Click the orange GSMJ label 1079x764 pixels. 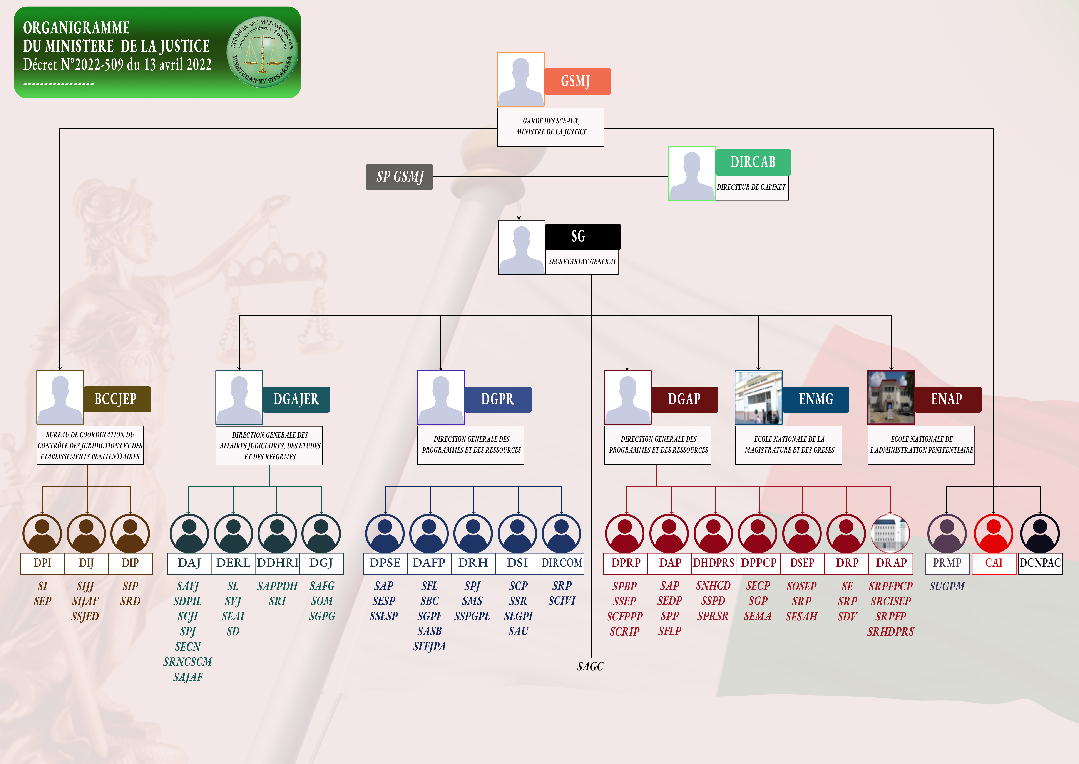click(x=577, y=81)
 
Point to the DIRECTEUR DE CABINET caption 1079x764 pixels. click(x=751, y=187)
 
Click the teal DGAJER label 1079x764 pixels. click(x=296, y=399)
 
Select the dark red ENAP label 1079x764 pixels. click(x=947, y=399)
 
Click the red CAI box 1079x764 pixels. click(x=994, y=563)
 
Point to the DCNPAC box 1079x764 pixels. click(x=1040, y=563)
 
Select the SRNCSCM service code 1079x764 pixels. click(x=187, y=661)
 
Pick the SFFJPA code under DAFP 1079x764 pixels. click(x=429, y=646)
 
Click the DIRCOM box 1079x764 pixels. click(x=562, y=563)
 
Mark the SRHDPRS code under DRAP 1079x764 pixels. click(x=891, y=631)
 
